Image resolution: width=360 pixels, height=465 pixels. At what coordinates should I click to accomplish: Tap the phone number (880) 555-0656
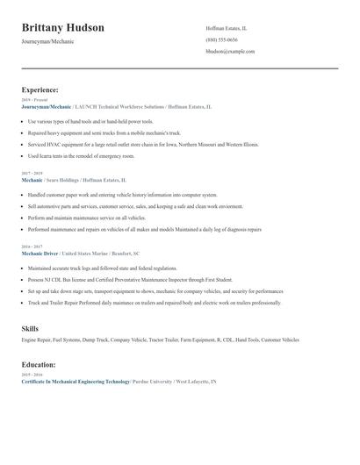[221, 39]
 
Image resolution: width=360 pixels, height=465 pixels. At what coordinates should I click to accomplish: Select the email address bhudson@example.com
[230, 52]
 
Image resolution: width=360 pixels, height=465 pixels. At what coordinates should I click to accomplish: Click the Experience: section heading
[40, 89]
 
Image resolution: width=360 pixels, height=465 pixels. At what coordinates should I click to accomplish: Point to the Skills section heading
[30, 328]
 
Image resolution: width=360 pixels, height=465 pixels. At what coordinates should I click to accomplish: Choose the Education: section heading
[39, 364]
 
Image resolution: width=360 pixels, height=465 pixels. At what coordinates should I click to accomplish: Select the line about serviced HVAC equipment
[143, 143]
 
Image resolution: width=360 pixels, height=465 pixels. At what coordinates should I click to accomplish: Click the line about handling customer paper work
[122, 194]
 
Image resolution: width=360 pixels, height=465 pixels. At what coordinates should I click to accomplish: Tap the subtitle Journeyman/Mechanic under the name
[47, 41]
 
